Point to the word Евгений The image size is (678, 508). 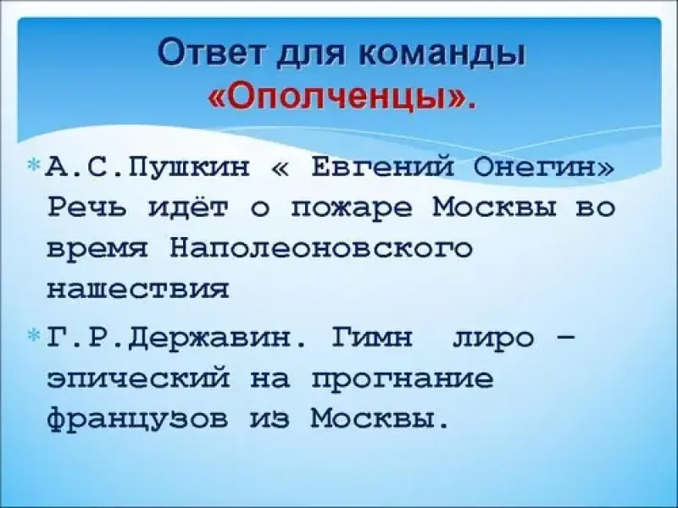pos(382,166)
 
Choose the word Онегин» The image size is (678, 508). pos(543,167)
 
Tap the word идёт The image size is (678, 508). pos(188,207)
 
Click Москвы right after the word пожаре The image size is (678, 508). pos(494,208)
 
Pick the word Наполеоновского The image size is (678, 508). pos(321,249)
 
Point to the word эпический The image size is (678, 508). pos(137,378)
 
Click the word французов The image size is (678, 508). pos(137,419)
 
